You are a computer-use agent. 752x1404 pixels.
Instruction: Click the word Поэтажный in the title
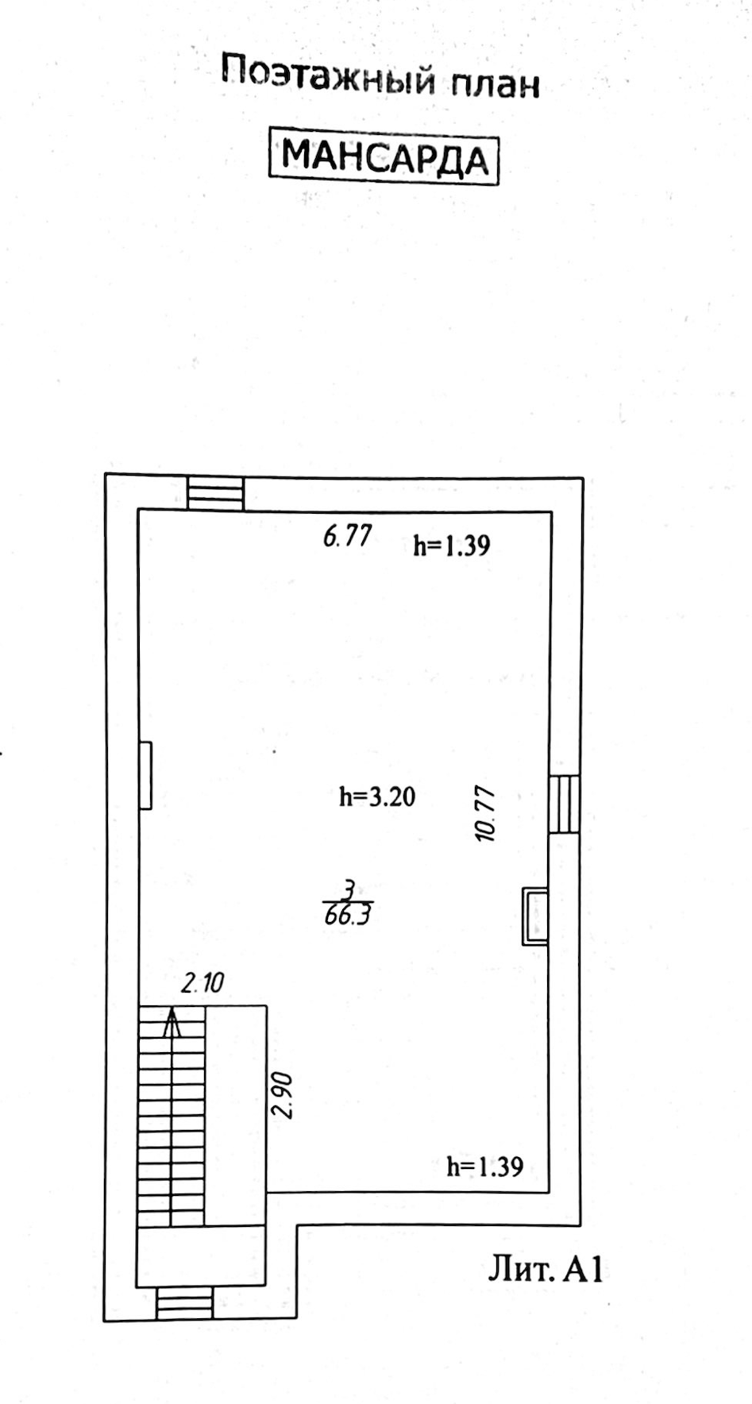[x=328, y=78]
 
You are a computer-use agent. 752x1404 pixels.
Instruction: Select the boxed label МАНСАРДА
[x=385, y=156]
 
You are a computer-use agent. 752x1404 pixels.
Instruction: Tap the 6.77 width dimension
[x=347, y=536]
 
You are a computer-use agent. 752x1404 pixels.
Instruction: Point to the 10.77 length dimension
[x=484, y=813]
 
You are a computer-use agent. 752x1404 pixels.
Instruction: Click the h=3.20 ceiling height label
[x=377, y=796]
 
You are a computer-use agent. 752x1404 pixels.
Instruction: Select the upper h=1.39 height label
[x=452, y=546]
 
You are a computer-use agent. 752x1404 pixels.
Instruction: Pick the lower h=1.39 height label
[x=484, y=1167]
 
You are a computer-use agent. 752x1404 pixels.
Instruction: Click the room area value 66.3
[x=348, y=916]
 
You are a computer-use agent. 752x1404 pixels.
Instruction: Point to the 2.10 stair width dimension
[x=202, y=984]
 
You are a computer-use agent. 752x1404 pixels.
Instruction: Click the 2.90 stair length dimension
[x=283, y=1096]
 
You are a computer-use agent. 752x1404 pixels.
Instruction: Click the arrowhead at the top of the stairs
[x=172, y=1022]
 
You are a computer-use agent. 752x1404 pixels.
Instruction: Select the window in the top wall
[x=215, y=492]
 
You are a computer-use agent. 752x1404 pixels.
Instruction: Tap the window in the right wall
[x=565, y=804]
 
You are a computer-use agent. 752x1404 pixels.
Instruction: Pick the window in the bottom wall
[x=184, y=1303]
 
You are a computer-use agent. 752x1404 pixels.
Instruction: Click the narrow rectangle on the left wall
[x=145, y=775]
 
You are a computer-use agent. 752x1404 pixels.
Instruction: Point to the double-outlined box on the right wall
[x=534, y=916]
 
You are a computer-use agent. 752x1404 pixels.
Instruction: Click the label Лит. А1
[x=545, y=1269]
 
